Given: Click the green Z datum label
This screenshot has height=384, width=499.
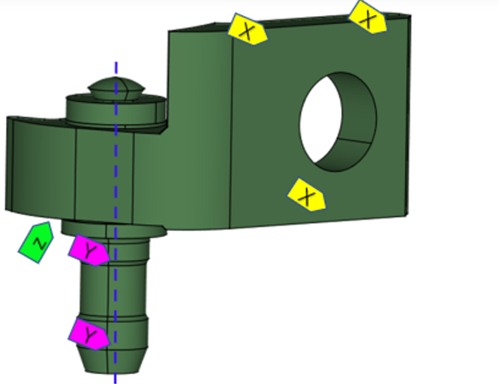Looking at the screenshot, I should (x=36, y=243).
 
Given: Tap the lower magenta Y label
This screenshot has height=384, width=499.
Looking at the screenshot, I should (x=89, y=333).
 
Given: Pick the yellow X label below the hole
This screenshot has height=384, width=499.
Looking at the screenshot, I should (x=307, y=195).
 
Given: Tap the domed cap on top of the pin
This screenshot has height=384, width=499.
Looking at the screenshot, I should (x=116, y=87).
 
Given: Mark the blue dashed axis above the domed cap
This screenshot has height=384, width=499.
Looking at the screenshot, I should (x=116, y=68).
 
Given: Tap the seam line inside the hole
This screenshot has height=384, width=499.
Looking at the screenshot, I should (x=353, y=141).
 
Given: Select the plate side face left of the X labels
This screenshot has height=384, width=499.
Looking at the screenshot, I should (x=199, y=127).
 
